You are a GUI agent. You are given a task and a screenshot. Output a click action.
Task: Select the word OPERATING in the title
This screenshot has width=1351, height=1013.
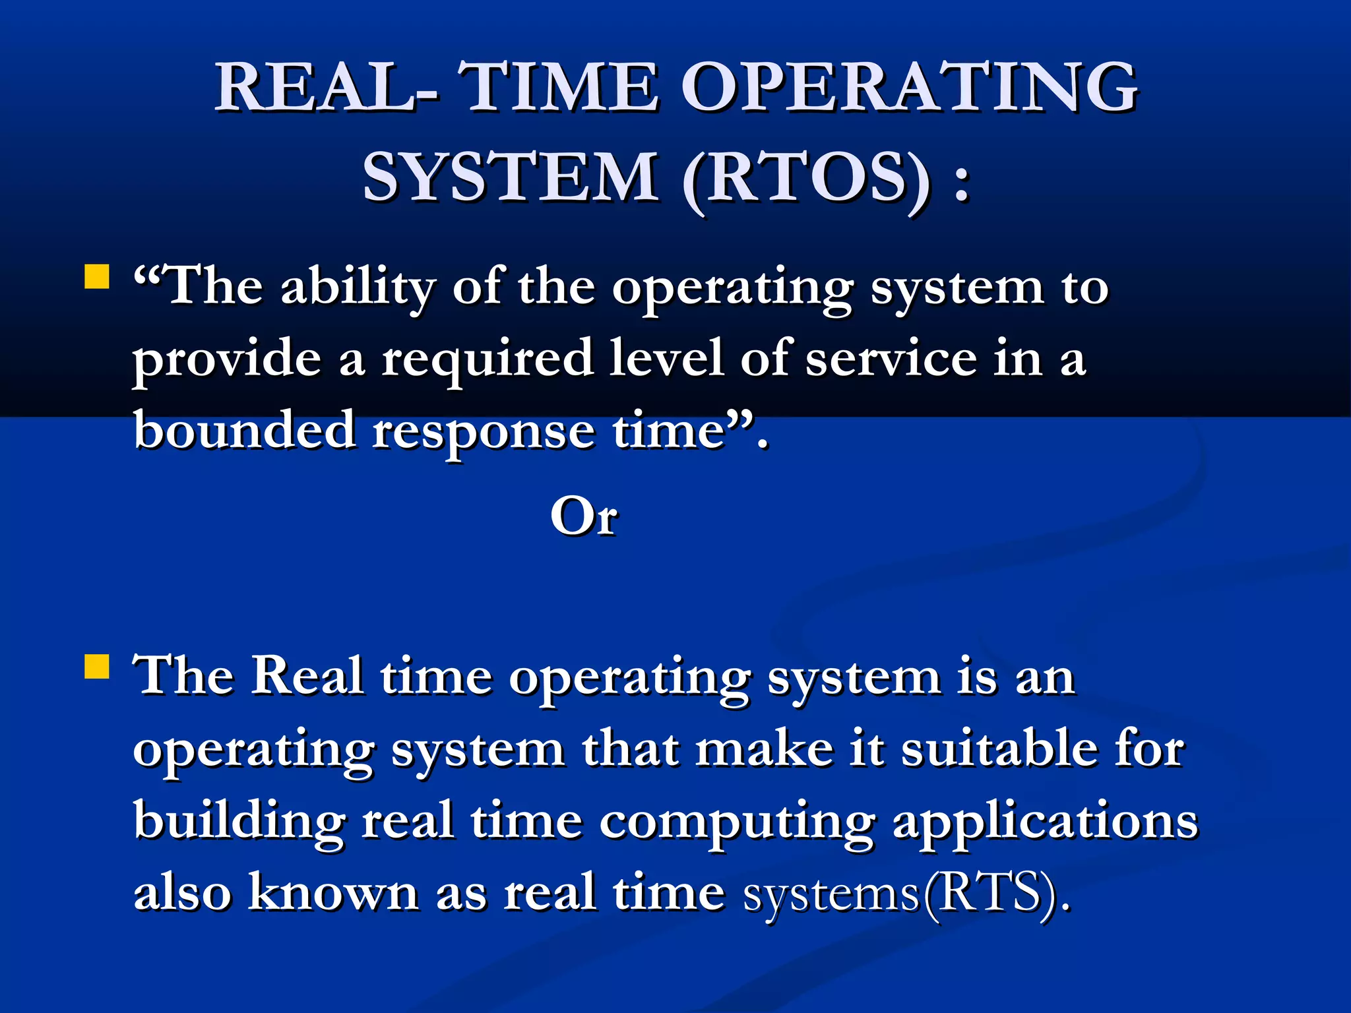(x=909, y=88)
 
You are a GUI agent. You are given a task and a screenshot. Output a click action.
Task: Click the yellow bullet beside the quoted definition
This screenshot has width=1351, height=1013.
(x=97, y=277)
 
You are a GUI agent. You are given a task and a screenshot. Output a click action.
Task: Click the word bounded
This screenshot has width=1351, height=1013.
(x=245, y=430)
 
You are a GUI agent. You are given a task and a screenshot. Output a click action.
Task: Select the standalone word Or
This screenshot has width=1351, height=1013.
(x=584, y=516)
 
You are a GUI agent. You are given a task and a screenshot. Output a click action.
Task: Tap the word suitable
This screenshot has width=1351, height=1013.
(x=999, y=750)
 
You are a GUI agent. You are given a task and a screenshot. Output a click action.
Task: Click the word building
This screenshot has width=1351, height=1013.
(x=239, y=822)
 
